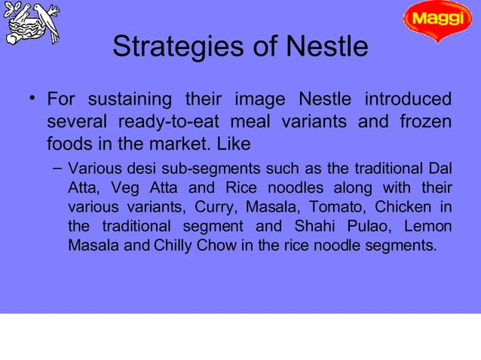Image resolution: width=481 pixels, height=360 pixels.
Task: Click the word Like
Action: coord(235,142)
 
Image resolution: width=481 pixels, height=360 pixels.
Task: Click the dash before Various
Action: coord(57,167)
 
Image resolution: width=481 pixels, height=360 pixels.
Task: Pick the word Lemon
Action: coord(429,226)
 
